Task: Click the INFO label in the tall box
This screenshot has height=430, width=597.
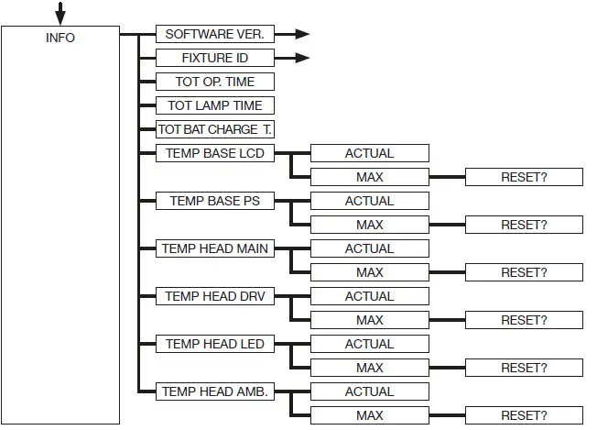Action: (x=60, y=38)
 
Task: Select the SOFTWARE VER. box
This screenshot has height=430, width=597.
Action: (x=214, y=34)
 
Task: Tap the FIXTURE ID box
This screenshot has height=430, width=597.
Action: (x=214, y=58)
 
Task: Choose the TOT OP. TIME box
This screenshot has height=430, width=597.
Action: (x=214, y=82)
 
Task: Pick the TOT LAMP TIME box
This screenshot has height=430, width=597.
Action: (x=214, y=105)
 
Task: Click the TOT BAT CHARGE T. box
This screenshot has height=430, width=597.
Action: (x=214, y=129)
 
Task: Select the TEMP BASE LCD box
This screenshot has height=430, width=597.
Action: (x=214, y=153)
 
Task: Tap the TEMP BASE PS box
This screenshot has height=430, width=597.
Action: (x=214, y=201)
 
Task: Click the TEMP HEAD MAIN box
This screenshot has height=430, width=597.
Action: (x=214, y=248)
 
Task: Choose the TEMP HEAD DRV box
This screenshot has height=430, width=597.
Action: (x=214, y=296)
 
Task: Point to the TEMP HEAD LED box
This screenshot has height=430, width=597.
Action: (x=214, y=344)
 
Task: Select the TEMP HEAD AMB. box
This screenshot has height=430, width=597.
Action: (x=214, y=391)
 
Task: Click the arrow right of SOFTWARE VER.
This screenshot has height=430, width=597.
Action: (x=294, y=34)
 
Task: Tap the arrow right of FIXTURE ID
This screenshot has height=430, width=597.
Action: (x=294, y=58)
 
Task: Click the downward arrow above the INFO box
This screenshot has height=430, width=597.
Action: (x=60, y=14)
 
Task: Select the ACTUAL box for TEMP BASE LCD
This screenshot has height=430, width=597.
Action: (x=369, y=153)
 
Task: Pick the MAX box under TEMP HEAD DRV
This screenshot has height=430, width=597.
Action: (x=369, y=320)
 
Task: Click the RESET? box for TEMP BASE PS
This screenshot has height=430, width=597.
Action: (x=524, y=225)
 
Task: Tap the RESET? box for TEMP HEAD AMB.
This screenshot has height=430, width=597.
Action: (x=524, y=415)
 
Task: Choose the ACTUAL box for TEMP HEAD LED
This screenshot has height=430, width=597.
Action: (x=369, y=344)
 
